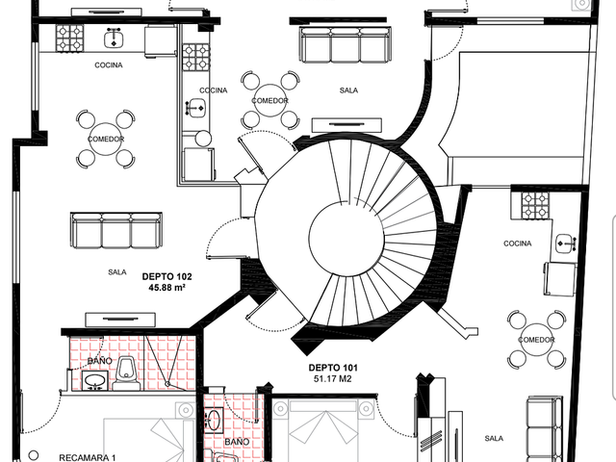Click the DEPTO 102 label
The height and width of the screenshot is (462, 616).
click(167, 276)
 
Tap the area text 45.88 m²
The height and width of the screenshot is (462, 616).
click(167, 288)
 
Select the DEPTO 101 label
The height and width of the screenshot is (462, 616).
click(333, 368)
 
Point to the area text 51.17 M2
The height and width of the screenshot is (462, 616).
click(333, 378)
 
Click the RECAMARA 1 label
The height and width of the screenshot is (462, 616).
click(88, 458)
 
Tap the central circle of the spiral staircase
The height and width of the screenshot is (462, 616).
click(346, 239)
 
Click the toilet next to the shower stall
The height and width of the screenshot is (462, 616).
click(126, 373)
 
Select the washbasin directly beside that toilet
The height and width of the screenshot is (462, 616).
click(94, 380)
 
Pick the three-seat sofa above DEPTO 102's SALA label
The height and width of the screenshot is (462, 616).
click(116, 231)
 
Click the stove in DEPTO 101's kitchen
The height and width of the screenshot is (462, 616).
click(535, 205)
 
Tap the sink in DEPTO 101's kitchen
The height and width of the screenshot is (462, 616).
click(566, 244)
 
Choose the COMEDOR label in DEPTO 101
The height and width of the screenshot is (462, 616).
click(536, 340)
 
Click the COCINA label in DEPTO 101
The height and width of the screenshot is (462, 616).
click(518, 244)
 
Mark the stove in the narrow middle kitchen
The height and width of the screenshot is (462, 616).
click(196, 58)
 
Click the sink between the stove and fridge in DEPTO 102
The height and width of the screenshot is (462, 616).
click(114, 38)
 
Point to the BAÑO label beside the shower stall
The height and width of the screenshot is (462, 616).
click(100, 361)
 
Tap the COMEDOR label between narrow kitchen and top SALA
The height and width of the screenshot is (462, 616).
click(269, 100)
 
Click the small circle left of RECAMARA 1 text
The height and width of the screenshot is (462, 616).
click(34, 455)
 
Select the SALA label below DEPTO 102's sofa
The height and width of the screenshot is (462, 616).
click(117, 271)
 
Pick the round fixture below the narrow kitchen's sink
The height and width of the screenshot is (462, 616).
click(203, 139)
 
